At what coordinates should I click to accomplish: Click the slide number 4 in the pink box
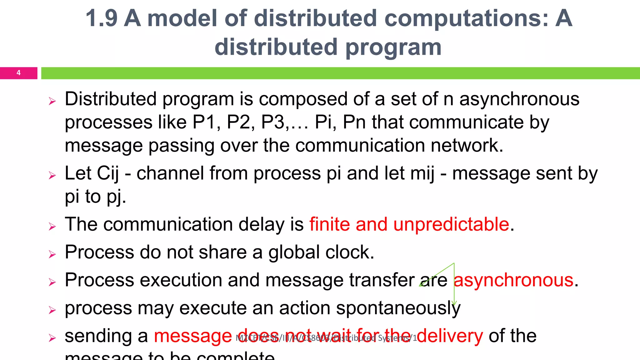pyautogui.click(x=18, y=73)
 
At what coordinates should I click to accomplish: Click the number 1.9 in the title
pyautogui.click(x=102, y=18)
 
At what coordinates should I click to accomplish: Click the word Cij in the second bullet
pyautogui.click(x=107, y=173)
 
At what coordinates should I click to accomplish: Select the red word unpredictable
pyautogui.click(x=451, y=224)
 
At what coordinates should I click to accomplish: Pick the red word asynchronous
pyautogui.click(x=513, y=280)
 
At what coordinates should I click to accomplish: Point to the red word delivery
pyautogui.click(x=450, y=336)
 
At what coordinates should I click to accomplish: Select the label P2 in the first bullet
pyautogui.click(x=238, y=122)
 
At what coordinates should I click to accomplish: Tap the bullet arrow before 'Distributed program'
pyautogui.click(x=52, y=101)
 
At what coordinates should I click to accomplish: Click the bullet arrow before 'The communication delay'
pyautogui.click(x=52, y=226)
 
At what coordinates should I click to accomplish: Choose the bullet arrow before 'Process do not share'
pyautogui.click(x=52, y=254)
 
